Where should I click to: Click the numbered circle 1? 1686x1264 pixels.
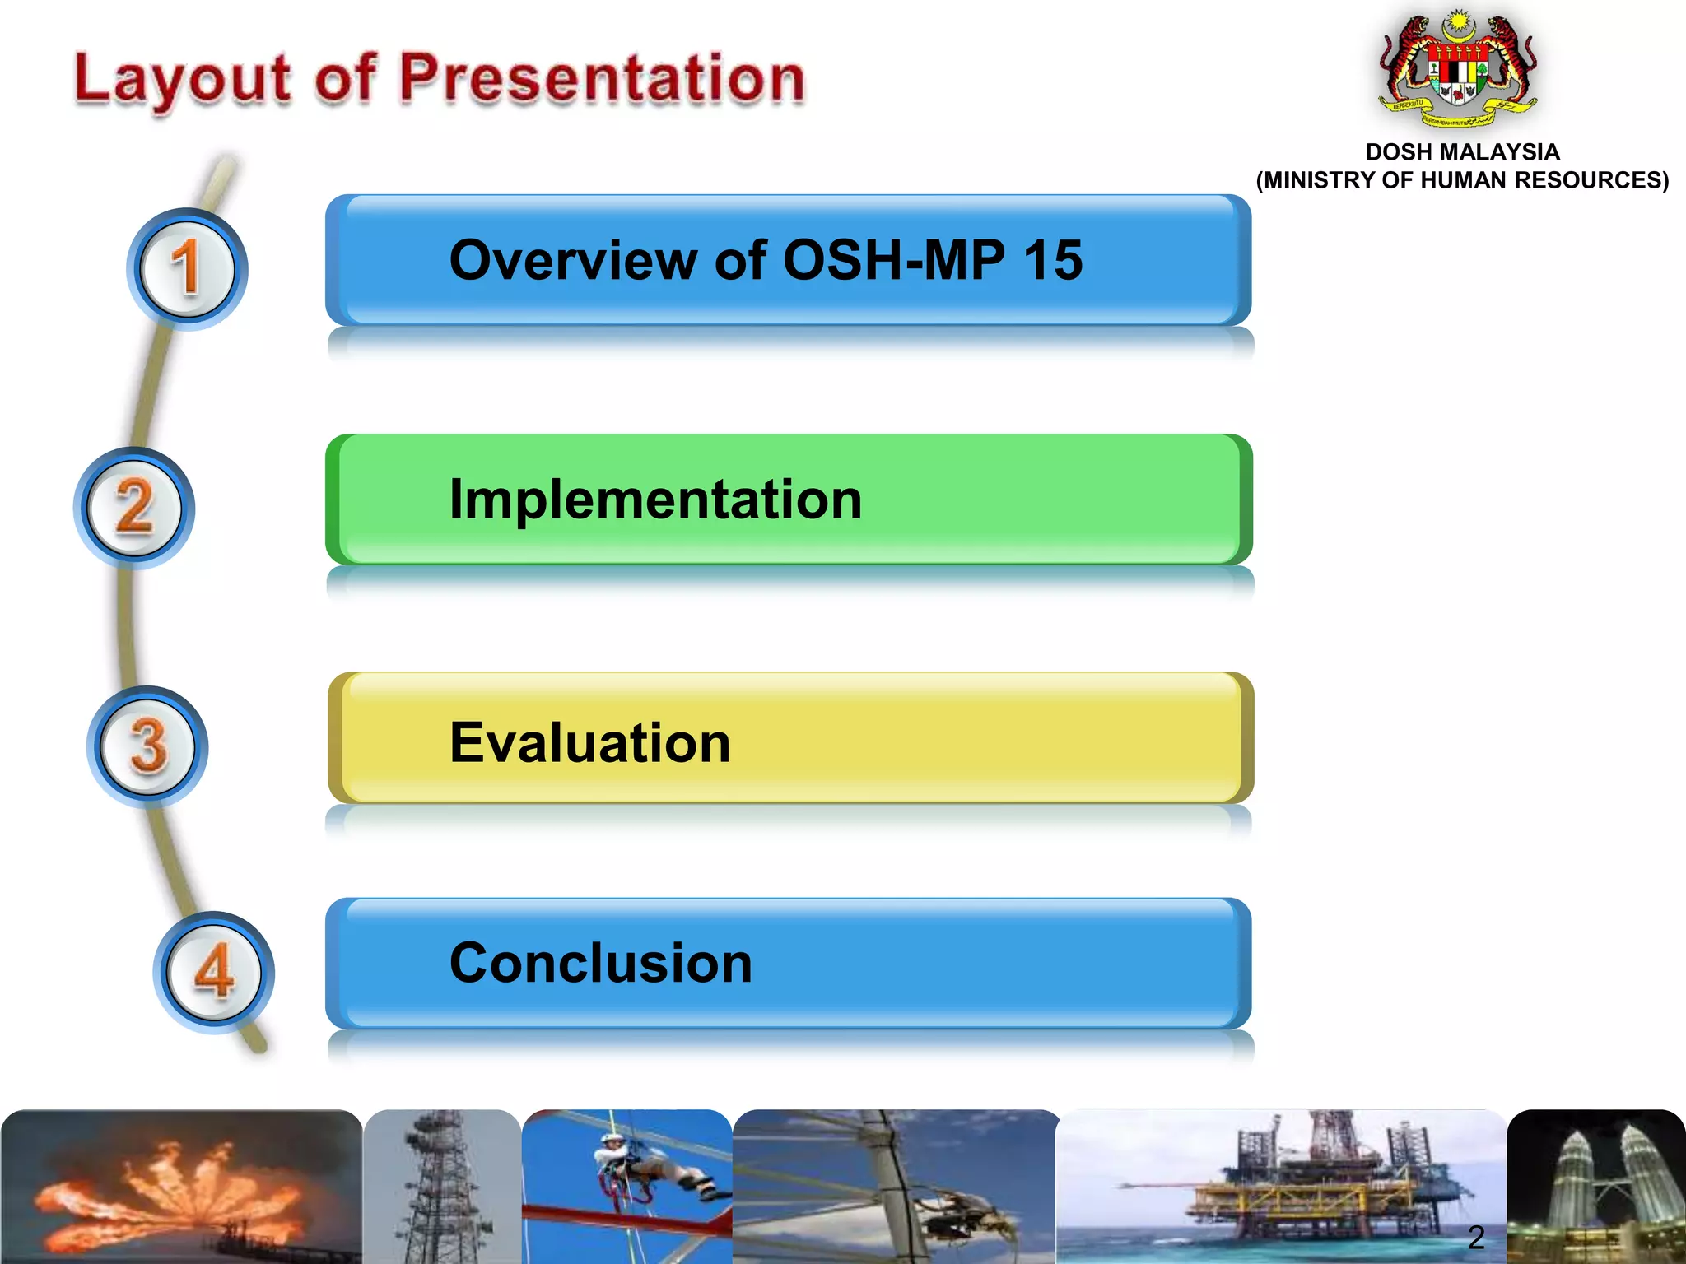tap(187, 268)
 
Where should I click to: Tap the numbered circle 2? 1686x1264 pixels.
tap(134, 508)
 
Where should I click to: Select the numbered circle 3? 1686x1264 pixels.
tap(147, 746)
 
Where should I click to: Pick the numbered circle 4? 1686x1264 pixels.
tap(213, 972)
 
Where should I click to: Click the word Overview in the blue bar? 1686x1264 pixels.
tap(572, 260)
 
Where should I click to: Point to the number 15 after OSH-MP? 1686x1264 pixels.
tap(1053, 260)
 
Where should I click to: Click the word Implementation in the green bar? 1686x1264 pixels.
tap(655, 500)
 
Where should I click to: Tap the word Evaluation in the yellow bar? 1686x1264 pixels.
tap(589, 742)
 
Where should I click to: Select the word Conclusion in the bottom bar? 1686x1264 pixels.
tap(600, 963)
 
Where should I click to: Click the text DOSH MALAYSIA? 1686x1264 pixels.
tap(1462, 152)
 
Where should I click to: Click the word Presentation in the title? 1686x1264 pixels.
tap(602, 79)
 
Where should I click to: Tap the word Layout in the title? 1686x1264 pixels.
tap(182, 81)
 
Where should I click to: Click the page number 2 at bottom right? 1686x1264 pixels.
tap(1476, 1238)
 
